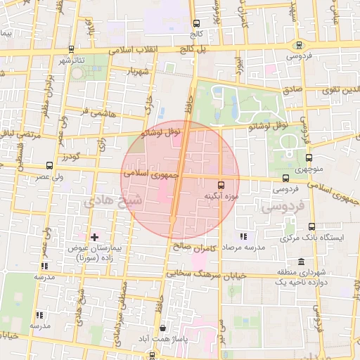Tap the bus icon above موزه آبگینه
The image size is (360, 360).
pyautogui.click(x=223, y=185)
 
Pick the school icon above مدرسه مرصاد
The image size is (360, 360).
pyautogui.click(x=243, y=237)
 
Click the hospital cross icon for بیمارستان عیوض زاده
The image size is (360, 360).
pyautogui.click(x=95, y=237)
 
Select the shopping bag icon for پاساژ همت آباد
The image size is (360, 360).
pyautogui.click(x=163, y=327)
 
